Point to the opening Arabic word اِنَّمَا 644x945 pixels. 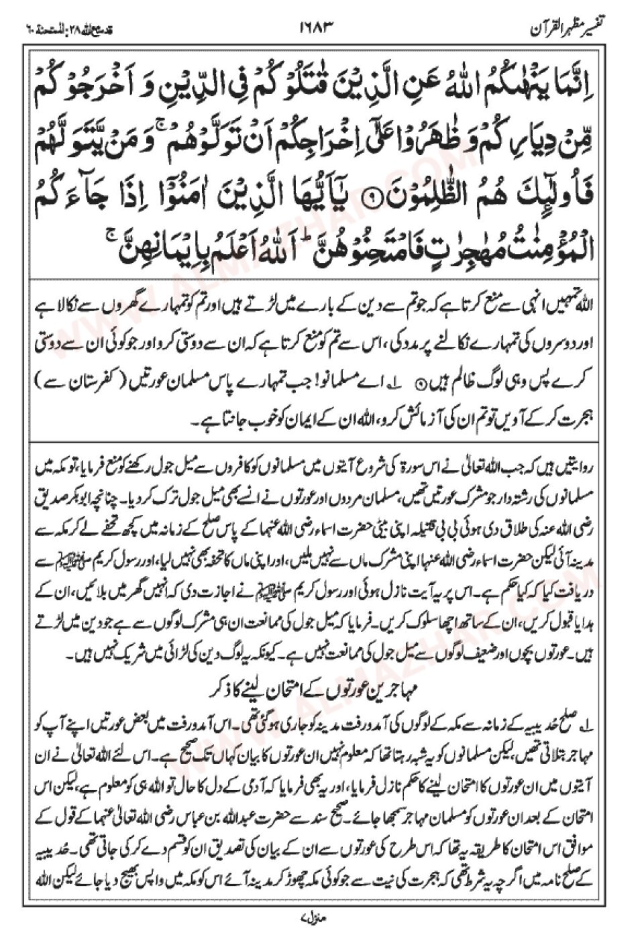click(584, 86)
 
